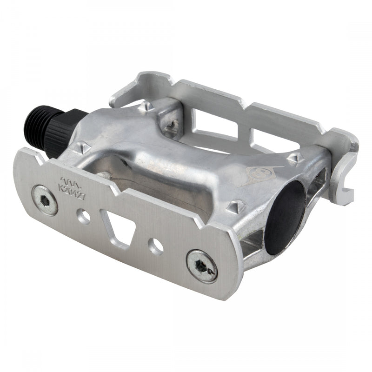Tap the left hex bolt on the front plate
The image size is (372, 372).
(45, 193)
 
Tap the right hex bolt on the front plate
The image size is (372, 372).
(202, 266)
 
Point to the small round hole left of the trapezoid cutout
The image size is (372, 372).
(84, 216)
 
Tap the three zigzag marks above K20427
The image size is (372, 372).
(69, 179)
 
